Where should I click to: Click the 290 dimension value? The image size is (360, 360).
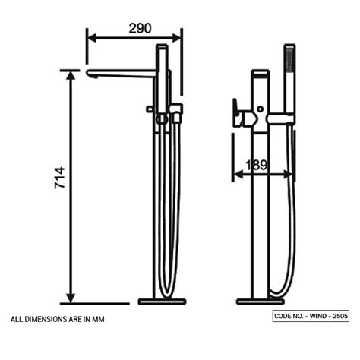[x=140, y=28]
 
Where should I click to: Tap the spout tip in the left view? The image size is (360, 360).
[x=90, y=73]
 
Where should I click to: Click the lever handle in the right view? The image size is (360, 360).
[x=241, y=113]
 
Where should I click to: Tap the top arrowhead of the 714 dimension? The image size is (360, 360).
[x=71, y=74]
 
